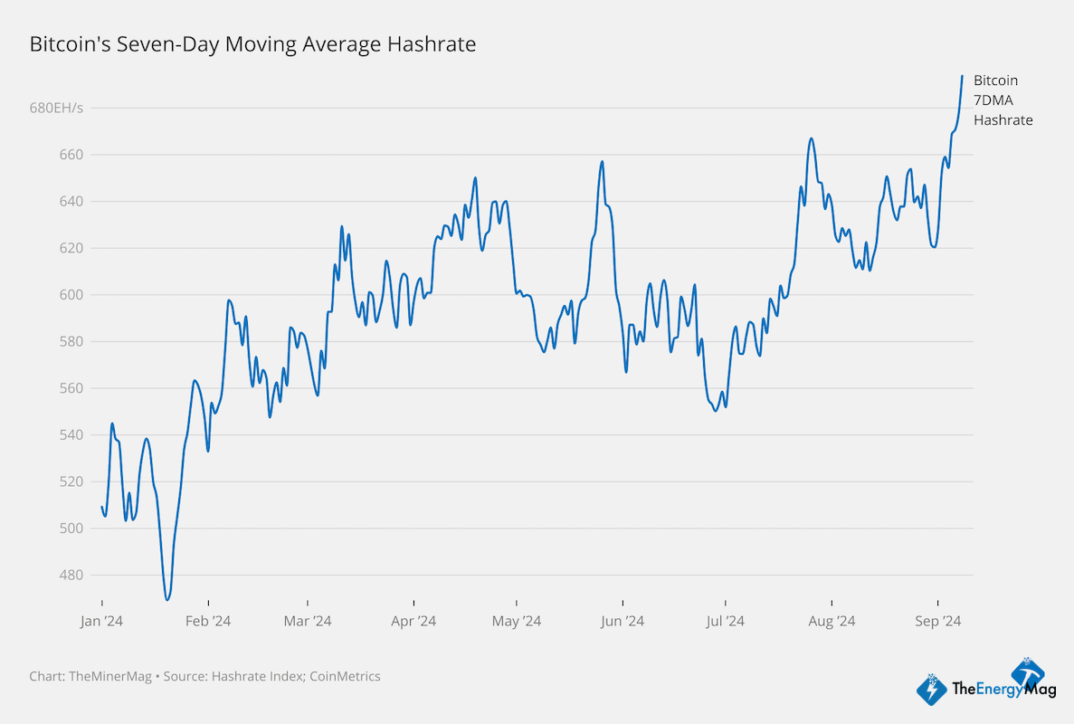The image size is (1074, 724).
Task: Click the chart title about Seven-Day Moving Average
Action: [252, 43]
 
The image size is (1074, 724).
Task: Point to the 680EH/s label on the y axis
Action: [56, 108]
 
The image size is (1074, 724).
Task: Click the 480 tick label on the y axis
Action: [71, 575]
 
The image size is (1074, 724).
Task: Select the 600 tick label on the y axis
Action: [71, 295]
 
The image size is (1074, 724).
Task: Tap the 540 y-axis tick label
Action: [71, 435]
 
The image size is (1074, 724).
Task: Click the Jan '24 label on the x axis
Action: [100, 621]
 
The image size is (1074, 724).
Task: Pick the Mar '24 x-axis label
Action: [308, 621]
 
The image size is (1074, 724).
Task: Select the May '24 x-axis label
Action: [516, 621]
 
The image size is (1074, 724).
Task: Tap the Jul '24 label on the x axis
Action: [725, 621]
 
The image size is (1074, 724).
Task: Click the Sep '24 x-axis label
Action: [937, 621]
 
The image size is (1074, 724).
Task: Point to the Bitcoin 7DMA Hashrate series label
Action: [1003, 100]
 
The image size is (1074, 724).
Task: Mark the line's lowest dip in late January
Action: [167, 599]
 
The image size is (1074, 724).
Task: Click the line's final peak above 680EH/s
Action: [962, 76]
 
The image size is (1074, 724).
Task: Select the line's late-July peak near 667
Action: [811, 138]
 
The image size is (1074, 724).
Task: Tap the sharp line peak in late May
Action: [602, 162]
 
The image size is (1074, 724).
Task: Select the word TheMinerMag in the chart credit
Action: [106, 676]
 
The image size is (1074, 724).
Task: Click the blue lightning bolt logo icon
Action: [932, 690]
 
